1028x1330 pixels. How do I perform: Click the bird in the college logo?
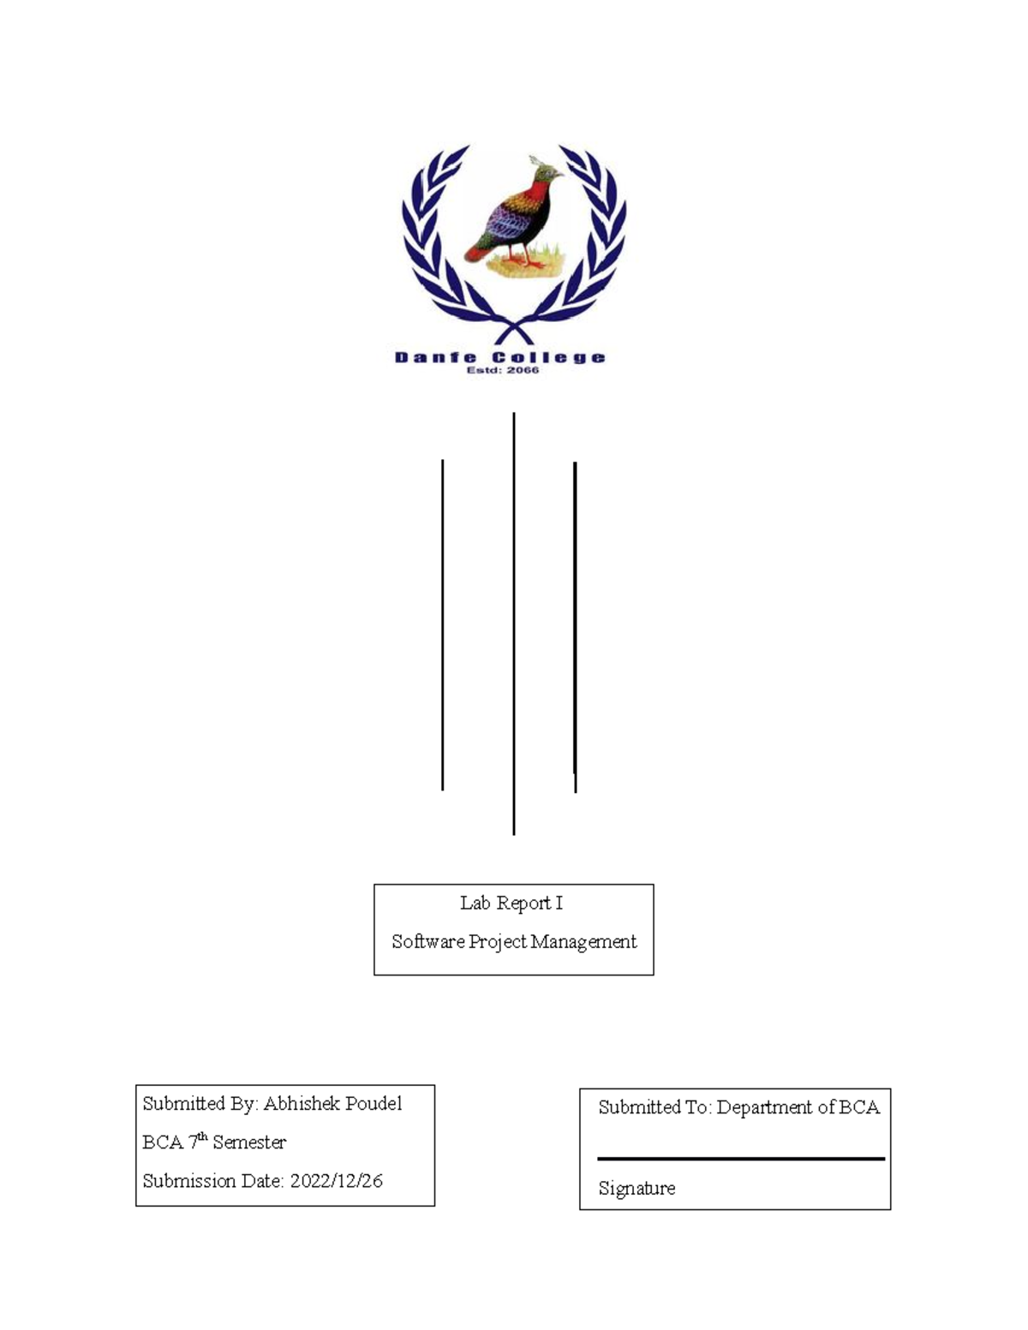(x=512, y=214)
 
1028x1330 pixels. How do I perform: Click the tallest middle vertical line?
(x=514, y=623)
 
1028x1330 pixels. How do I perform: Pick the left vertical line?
(x=442, y=625)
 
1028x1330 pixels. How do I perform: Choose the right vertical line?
(x=575, y=625)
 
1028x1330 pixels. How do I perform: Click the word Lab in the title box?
(x=475, y=903)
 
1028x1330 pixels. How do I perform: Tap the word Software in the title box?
(x=427, y=941)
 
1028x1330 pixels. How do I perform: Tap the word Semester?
(x=249, y=1142)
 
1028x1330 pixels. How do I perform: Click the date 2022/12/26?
(x=336, y=1180)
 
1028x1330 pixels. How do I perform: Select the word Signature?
(x=637, y=1188)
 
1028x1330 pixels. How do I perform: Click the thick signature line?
(x=741, y=1159)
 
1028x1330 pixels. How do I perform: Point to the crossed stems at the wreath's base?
(x=513, y=330)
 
